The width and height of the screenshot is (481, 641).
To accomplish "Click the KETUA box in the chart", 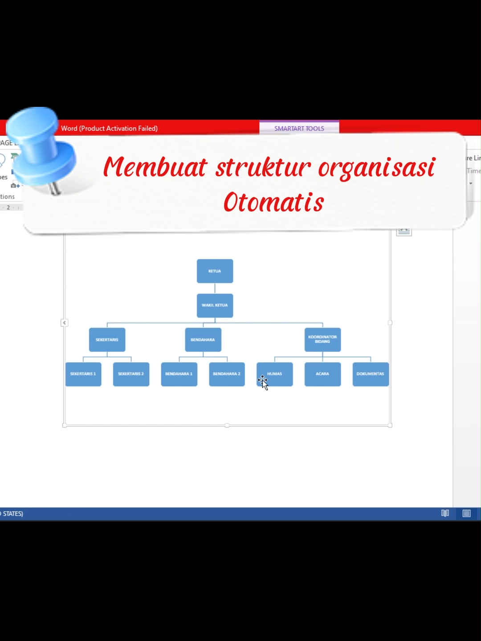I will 215,271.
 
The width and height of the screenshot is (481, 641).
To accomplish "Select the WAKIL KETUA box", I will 215,305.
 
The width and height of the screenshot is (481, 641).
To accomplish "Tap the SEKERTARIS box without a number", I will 107,340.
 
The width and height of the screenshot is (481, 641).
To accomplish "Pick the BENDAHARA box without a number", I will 203,340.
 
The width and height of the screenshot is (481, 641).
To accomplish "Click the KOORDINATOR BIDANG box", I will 322,340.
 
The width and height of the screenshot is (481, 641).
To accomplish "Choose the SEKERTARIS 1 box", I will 83,374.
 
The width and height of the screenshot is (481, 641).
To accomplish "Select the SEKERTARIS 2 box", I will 131,374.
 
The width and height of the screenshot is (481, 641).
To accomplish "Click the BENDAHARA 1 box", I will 179,374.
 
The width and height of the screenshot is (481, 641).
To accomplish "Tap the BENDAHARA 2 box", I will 227,374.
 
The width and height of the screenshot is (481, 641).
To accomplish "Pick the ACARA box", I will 322,374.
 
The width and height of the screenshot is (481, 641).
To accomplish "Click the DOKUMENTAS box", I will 371,374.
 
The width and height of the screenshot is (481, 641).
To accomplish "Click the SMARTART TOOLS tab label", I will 299,128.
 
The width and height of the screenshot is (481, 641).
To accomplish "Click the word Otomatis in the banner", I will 273,203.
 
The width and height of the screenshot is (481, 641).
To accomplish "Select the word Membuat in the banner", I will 155,167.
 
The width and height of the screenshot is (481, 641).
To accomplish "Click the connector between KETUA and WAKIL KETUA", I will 215,288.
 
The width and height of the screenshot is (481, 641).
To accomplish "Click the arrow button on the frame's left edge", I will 64,323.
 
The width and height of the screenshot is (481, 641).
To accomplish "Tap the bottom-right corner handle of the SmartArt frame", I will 390,426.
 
